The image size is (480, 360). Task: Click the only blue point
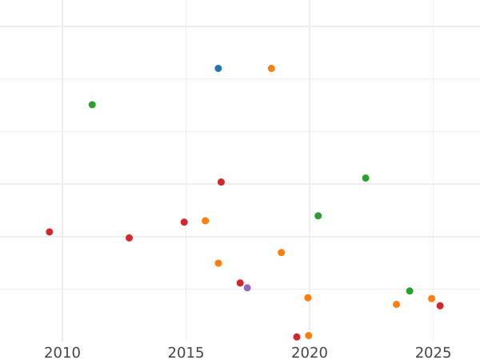click(x=218, y=69)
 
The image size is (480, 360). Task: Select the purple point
click(x=247, y=288)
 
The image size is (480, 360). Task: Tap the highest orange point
click(x=271, y=69)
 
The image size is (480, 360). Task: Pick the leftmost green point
click(x=92, y=105)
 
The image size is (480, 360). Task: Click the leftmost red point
click(x=50, y=232)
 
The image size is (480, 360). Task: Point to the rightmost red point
click(x=440, y=306)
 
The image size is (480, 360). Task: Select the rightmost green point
click(x=410, y=291)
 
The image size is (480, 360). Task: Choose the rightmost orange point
click(x=431, y=299)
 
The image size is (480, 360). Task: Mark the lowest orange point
click(x=309, y=336)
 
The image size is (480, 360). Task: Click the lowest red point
click(x=297, y=337)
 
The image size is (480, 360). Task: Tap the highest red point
click(x=221, y=182)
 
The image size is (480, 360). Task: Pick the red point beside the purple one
click(x=240, y=283)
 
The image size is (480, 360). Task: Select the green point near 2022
click(x=366, y=178)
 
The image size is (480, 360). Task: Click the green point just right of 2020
click(x=318, y=216)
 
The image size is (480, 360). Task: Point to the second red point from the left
click(x=129, y=238)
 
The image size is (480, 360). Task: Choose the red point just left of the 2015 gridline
click(x=184, y=222)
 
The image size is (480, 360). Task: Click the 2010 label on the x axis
click(x=62, y=353)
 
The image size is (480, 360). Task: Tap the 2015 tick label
click(x=186, y=353)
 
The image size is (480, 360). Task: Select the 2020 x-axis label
click(x=310, y=353)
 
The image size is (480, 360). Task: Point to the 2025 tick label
click(x=433, y=353)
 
